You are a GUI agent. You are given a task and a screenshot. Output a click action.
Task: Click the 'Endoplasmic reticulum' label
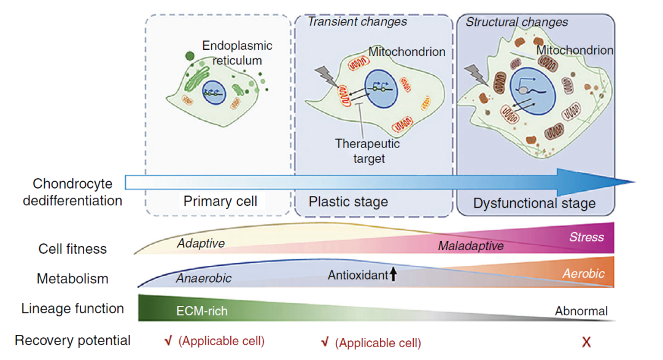[x=237, y=53]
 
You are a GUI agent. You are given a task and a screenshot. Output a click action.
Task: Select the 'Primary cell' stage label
[x=220, y=202]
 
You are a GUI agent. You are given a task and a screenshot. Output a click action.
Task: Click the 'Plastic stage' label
[x=348, y=202]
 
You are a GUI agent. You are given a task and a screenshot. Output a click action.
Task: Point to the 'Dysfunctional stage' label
[x=534, y=203]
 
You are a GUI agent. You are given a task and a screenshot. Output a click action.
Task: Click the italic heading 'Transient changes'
[x=357, y=22]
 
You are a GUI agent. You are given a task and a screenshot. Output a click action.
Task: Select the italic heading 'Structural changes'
[x=517, y=22]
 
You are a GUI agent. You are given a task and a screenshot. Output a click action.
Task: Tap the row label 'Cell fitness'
[x=72, y=249]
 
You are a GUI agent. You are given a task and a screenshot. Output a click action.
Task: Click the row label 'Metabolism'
[x=72, y=278]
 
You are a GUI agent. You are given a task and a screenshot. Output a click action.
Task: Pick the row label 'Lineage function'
[x=72, y=308]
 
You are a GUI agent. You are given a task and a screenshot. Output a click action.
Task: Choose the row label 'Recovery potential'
[x=72, y=340]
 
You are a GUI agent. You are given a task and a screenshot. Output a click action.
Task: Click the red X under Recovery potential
[x=586, y=342]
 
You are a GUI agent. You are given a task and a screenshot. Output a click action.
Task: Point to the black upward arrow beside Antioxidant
[x=394, y=275]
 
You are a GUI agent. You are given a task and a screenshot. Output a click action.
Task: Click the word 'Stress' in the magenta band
[x=586, y=237]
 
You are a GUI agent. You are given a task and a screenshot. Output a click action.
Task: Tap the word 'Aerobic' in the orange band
[x=583, y=273]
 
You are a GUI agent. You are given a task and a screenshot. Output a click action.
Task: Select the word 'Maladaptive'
[x=471, y=246]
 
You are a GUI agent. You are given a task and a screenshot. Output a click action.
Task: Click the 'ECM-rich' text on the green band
[x=202, y=311]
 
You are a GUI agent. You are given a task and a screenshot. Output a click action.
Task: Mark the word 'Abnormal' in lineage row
[x=581, y=311]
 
